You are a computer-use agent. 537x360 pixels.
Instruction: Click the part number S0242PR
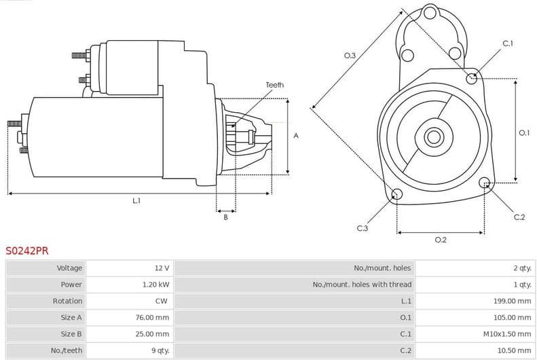(27, 251)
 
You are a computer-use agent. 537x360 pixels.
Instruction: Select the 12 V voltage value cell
(162, 268)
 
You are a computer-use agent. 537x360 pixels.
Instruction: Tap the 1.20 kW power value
(155, 285)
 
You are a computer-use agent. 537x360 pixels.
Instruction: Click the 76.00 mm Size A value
(153, 317)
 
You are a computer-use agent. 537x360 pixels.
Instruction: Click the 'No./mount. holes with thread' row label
(362, 285)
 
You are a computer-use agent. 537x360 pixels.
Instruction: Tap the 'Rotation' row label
(67, 301)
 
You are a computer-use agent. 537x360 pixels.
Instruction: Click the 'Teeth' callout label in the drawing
(274, 85)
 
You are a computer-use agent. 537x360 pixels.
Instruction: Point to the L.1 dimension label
(136, 200)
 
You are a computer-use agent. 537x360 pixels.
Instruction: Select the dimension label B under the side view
(225, 217)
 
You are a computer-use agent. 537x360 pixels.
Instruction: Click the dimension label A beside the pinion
(295, 136)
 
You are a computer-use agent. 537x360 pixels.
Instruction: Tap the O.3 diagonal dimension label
(350, 55)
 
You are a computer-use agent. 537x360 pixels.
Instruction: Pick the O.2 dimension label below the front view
(440, 240)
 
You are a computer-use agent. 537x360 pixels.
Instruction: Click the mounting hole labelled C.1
(472, 78)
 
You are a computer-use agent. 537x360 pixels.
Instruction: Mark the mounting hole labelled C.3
(397, 196)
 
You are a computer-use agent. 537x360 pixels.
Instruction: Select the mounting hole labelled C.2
(485, 183)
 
